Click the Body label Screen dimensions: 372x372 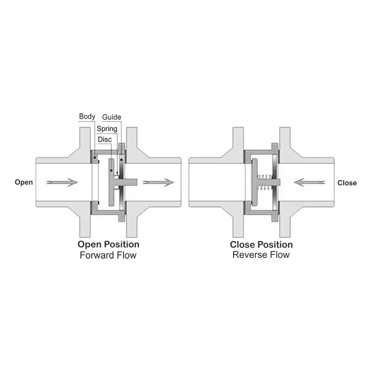87,117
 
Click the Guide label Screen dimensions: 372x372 112,117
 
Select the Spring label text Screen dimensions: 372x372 107,128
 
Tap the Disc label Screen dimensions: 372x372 105,139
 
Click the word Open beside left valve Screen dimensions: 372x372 24,182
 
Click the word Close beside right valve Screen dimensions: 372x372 347,183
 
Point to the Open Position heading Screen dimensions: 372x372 108,245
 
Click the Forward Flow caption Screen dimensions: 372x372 108,255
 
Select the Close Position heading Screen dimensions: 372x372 261,245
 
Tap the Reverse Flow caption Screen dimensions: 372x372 261,255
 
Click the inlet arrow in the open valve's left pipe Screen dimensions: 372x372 62,182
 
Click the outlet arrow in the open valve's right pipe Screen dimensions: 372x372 158,182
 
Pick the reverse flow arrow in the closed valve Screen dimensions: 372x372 310,182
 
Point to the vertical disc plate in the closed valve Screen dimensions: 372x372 255,183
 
